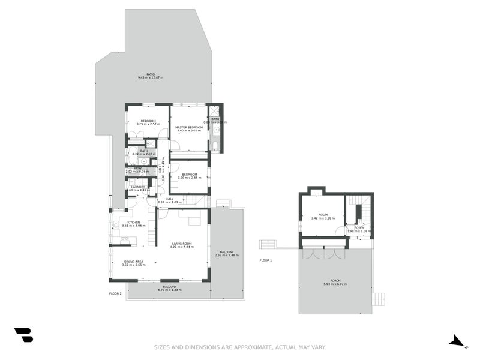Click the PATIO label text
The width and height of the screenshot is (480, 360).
pyautogui.click(x=142, y=74)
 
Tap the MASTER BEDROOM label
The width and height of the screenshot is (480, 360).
pyautogui.click(x=189, y=128)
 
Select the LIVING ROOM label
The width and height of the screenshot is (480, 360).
pyautogui.click(x=181, y=244)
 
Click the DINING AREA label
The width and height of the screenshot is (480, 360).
pyautogui.click(x=133, y=262)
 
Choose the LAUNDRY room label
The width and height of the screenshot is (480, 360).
pyautogui.click(x=137, y=187)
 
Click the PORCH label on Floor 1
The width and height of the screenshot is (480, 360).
pyautogui.click(x=335, y=280)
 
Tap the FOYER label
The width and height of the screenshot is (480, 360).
pyautogui.click(x=359, y=228)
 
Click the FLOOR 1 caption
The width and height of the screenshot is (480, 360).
pyautogui.click(x=266, y=260)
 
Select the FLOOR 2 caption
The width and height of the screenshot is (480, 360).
pyautogui.click(x=115, y=293)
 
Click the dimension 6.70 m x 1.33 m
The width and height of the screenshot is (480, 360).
pyautogui.click(x=169, y=290)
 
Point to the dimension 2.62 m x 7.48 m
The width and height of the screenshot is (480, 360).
pyautogui.click(x=227, y=255)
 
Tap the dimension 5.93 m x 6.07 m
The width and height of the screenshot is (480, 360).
pyautogui.click(x=335, y=284)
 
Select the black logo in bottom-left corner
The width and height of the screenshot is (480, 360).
pyautogui.click(x=23, y=335)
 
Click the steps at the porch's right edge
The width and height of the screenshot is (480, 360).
pyautogui.click(x=378, y=298)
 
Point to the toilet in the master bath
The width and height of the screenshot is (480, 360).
pyautogui.click(x=215, y=146)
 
